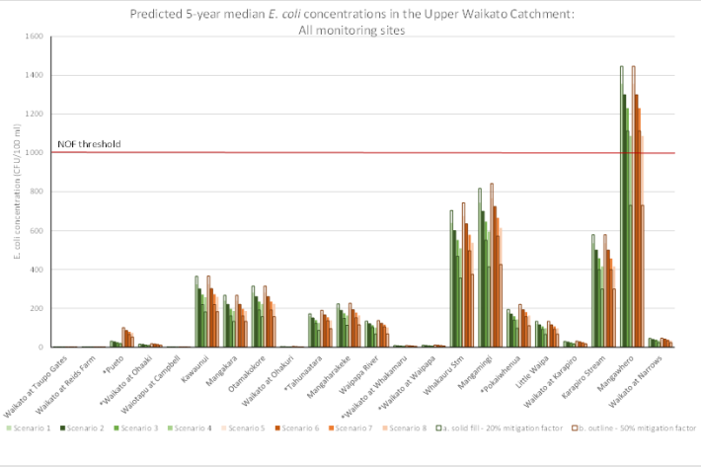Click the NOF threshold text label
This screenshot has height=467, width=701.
89,144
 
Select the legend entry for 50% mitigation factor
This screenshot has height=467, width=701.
633,429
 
